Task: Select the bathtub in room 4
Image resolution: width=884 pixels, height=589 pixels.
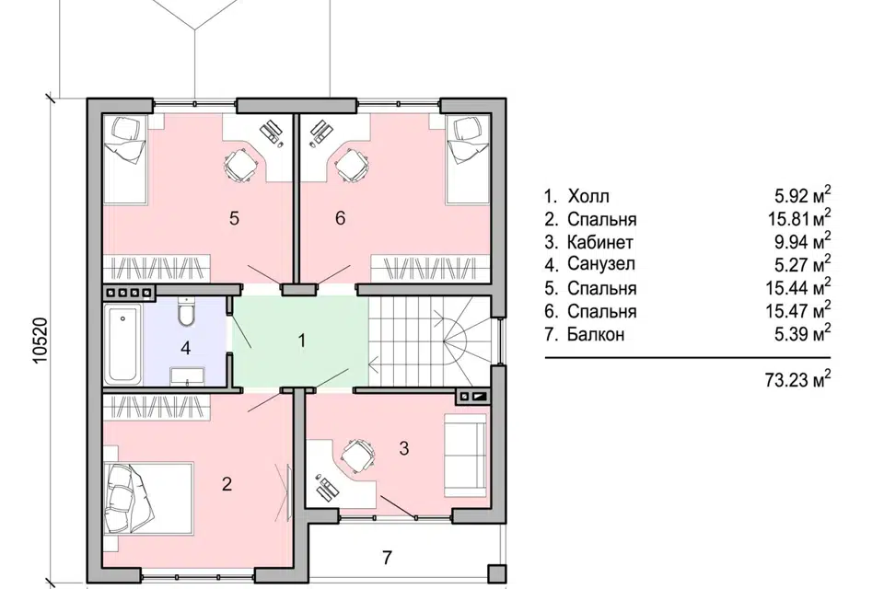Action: coord(122,344)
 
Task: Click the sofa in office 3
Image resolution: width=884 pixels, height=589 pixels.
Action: coord(465,456)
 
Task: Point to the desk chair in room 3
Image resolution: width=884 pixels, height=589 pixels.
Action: coord(357,454)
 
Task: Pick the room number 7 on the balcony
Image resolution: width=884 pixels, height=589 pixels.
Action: coord(387,558)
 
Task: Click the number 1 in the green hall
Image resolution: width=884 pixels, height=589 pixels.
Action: coord(302,341)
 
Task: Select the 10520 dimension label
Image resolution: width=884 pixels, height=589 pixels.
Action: coord(41,341)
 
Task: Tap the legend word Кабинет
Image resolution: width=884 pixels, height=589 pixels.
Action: coord(599,242)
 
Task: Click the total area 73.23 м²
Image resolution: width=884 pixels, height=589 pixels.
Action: coord(797,379)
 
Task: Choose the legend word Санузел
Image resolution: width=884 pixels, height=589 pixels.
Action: coord(601,263)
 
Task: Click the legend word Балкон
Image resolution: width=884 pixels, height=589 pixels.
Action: coord(596,334)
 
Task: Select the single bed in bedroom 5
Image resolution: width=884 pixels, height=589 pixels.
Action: coord(124,159)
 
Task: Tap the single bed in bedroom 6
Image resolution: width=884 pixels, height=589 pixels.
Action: coord(468,159)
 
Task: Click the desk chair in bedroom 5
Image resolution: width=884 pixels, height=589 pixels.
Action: coord(240,165)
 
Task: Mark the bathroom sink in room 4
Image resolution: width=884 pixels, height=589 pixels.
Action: coord(188,375)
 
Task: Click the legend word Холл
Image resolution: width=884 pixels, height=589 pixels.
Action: coord(588,196)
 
